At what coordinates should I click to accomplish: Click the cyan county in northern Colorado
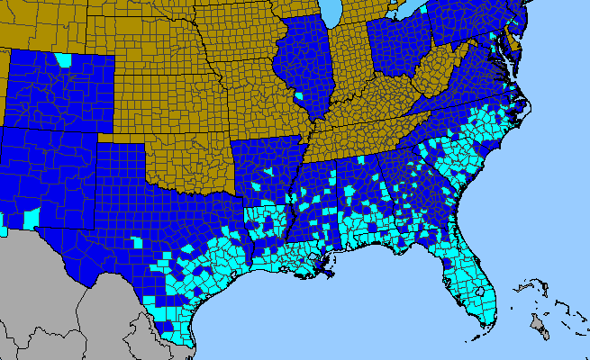click(x=63, y=60)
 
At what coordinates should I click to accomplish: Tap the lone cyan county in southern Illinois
click(x=298, y=94)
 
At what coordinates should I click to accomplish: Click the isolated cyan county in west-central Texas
click(x=137, y=241)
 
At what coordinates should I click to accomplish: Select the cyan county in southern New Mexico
click(x=32, y=218)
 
